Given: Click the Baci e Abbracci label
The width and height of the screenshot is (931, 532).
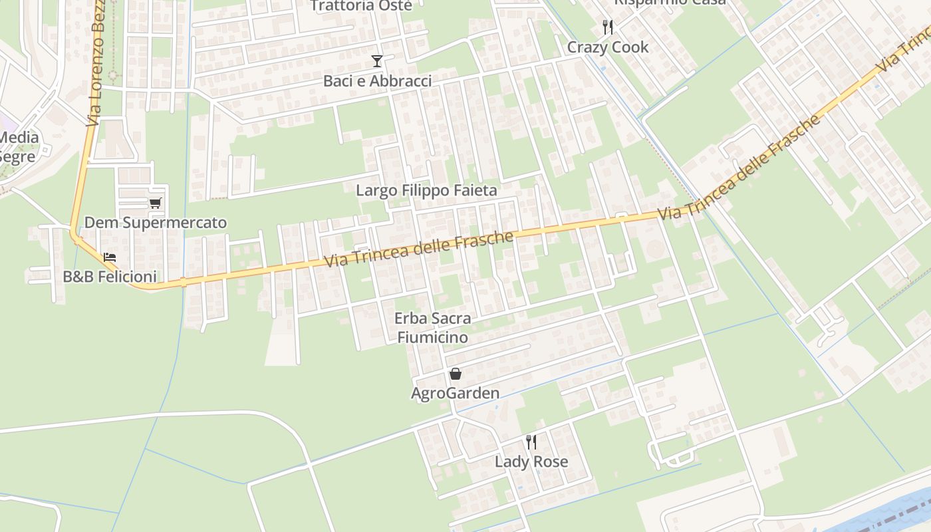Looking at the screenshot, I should [x=377, y=81].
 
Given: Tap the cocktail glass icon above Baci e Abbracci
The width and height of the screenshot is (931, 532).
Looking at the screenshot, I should [x=377, y=62].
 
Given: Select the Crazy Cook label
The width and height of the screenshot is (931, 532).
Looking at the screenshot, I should [x=608, y=47].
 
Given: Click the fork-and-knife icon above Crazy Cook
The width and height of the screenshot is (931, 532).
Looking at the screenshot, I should [x=607, y=27].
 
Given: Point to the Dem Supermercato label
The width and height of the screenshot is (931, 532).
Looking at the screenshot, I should [x=156, y=223].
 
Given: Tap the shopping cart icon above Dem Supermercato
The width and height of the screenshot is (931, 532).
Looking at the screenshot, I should [x=156, y=203].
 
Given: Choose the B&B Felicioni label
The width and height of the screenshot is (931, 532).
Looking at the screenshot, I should [x=110, y=277].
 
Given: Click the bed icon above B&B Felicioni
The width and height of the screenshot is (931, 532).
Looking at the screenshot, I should [x=110, y=257].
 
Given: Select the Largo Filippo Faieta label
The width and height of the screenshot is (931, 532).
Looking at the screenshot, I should [x=426, y=191].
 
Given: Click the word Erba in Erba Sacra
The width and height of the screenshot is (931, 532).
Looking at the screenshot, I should [x=412, y=319].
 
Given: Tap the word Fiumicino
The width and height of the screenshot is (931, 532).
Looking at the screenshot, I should [x=432, y=337].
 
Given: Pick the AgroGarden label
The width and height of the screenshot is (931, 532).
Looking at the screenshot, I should [x=455, y=393].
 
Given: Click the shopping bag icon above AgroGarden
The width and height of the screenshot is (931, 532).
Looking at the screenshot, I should [x=455, y=374].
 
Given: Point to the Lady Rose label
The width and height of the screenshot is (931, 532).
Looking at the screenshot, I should [x=531, y=462].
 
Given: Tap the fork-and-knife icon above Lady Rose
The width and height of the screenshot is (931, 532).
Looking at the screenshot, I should [x=531, y=442].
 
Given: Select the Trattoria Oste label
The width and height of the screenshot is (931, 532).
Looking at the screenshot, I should [x=361, y=6].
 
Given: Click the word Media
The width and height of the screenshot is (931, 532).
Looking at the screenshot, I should [x=19, y=138].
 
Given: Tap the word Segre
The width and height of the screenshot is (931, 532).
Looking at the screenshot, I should [x=18, y=158].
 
